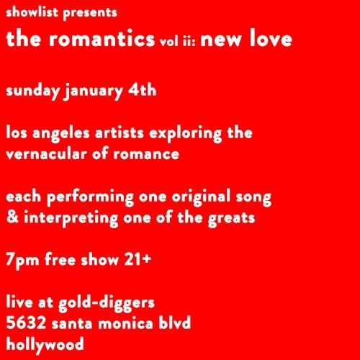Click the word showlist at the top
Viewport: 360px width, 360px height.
pos(32,13)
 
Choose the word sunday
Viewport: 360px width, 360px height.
pos(32,91)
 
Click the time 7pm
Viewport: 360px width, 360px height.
pos(22,260)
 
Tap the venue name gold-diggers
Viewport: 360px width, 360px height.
pos(107,301)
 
